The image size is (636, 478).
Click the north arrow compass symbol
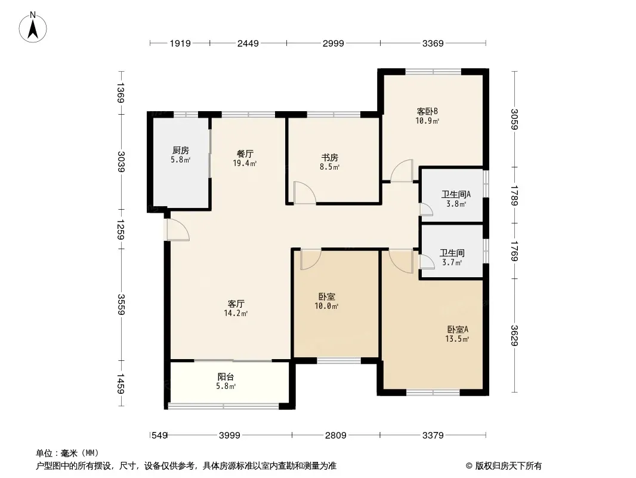[x=33, y=27]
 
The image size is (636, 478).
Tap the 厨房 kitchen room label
[x=181, y=150]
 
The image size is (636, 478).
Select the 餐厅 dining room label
[x=245, y=154]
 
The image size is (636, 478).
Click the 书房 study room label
[x=330, y=157]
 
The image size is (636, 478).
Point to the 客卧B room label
[x=427, y=111]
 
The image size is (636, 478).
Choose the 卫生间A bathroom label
[x=456, y=195]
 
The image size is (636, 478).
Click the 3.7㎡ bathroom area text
[x=452, y=262]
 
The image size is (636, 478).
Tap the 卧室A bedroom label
[x=458, y=329]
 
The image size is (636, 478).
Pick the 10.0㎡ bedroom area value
[x=326, y=306]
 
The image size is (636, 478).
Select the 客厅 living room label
[x=236, y=304]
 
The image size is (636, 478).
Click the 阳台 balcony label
[x=226, y=377]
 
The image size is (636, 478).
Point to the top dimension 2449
[x=248, y=43]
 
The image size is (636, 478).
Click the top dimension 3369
[x=433, y=43]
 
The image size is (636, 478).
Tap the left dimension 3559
[x=121, y=304]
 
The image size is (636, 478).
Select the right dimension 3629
[x=514, y=336]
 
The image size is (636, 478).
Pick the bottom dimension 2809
[x=336, y=436]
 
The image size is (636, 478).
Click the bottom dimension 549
[x=159, y=436]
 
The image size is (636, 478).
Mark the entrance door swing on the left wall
[x=178, y=230]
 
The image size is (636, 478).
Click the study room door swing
[x=305, y=192]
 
